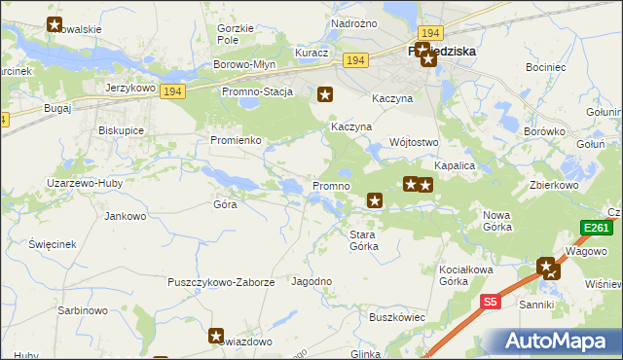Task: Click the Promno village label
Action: click(x=330, y=186)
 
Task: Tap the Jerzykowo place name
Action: click(x=130, y=88)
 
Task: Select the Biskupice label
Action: click(x=122, y=129)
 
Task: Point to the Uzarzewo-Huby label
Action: click(x=82, y=183)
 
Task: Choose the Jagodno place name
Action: click(x=312, y=281)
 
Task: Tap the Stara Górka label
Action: click(x=370, y=239)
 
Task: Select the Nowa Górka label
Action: click(x=497, y=220)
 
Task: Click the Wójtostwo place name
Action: click(x=414, y=142)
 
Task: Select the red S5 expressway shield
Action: click(x=492, y=303)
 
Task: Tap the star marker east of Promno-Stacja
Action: click(x=326, y=94)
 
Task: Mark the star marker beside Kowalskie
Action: click(x=55, y=25)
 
